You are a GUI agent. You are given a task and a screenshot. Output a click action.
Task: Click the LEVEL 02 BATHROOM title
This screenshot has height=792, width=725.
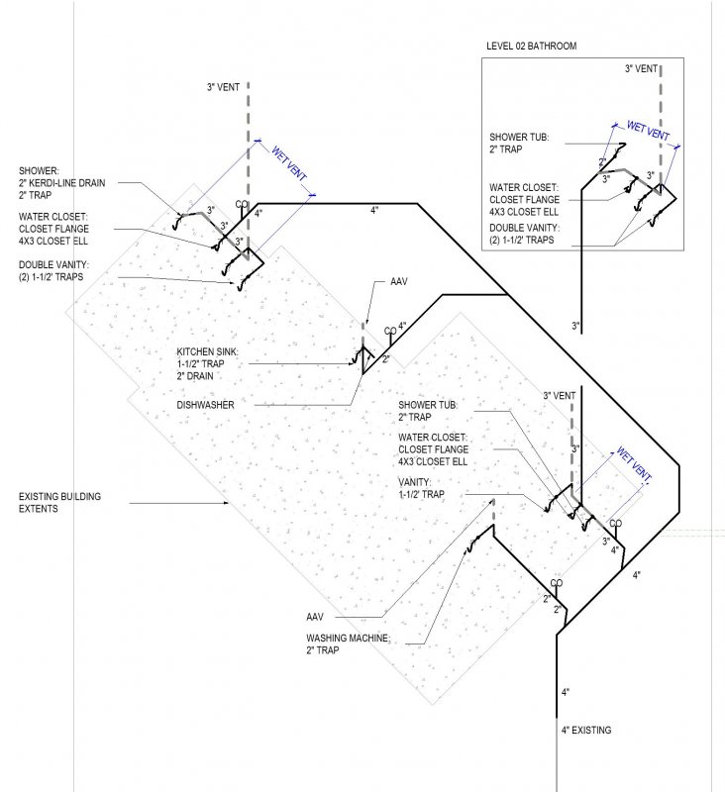pyautogui.click(x=531, y=46)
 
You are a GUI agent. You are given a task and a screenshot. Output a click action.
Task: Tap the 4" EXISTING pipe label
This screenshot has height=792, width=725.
pyautogui.click(x=586, y=730)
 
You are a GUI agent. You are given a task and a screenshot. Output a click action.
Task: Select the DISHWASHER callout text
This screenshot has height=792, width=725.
pyautogui.click(x=205, y=405)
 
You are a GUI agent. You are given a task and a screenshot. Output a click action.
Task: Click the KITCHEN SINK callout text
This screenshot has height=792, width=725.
pyautogui.click(x=207, y=351)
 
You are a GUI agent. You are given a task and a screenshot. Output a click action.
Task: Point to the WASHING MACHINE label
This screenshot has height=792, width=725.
pyautogui.click(x=348, y=638)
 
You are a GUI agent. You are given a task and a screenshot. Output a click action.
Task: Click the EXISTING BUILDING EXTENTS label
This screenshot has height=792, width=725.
pyautogui.click(x=59, y=503)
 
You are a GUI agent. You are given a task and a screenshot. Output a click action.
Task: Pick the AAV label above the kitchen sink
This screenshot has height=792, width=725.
pyautogui.click(x=398, y=281)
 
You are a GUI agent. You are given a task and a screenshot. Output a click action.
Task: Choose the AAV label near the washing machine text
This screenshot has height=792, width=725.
pyautogui.click(x=315, y=617)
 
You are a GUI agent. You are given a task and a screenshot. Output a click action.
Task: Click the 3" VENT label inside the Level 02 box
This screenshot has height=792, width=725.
pyautogui.click(x=641, y=68)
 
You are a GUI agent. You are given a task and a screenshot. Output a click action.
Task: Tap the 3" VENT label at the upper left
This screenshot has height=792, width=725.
pyautogui.click(x=223, y=87)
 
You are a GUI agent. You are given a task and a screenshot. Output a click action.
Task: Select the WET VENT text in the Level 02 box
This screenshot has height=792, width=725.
pyautogui.click(x=648, y=131)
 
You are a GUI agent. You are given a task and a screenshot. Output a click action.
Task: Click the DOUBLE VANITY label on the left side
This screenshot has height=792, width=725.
pyautogui.click(x=53, y=270)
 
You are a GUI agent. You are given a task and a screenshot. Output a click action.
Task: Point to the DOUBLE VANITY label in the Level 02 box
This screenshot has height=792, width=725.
pyautogui.click(x=524, y=234)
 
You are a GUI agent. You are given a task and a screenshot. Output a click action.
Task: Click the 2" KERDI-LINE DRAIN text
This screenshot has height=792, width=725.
pyautogui.click(x=61, y=183)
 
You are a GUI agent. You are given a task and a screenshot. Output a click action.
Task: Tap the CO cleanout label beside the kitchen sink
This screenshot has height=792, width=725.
pyautogui.click(x=390, y=331)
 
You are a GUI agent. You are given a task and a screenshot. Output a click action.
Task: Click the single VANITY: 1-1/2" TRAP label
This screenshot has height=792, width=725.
pyautogui.click(x=421, y=488)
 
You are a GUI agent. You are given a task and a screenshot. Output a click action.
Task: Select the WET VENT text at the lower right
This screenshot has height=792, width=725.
pyautogui.click(x=634, y=463)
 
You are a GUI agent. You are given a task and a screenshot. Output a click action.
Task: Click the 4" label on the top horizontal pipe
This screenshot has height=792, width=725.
pyautogui.click(x=374, y=210)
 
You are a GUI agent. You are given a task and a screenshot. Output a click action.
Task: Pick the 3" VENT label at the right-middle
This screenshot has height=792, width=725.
pyautogui.click(x=560, y=395)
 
